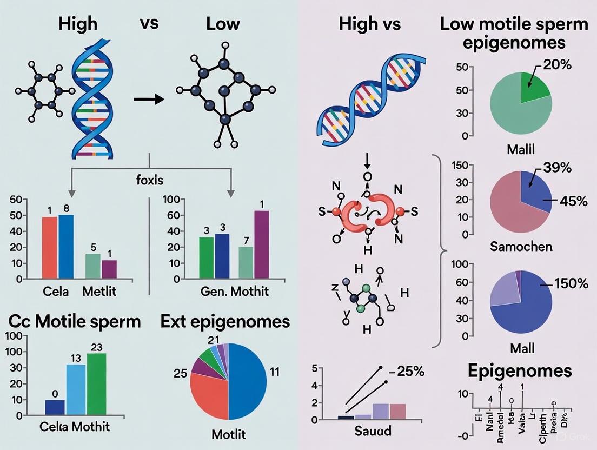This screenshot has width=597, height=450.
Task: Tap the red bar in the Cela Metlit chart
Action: point(49,248)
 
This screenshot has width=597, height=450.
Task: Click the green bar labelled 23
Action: point(97,384)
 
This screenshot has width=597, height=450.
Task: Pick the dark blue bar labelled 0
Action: point(55,407)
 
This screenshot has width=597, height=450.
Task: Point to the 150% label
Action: point(567,283)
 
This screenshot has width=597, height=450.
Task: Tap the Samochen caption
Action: point(521,247)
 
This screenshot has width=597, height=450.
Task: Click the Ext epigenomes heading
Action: point(225,322)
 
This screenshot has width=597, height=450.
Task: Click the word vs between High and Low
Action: point(150,24)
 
